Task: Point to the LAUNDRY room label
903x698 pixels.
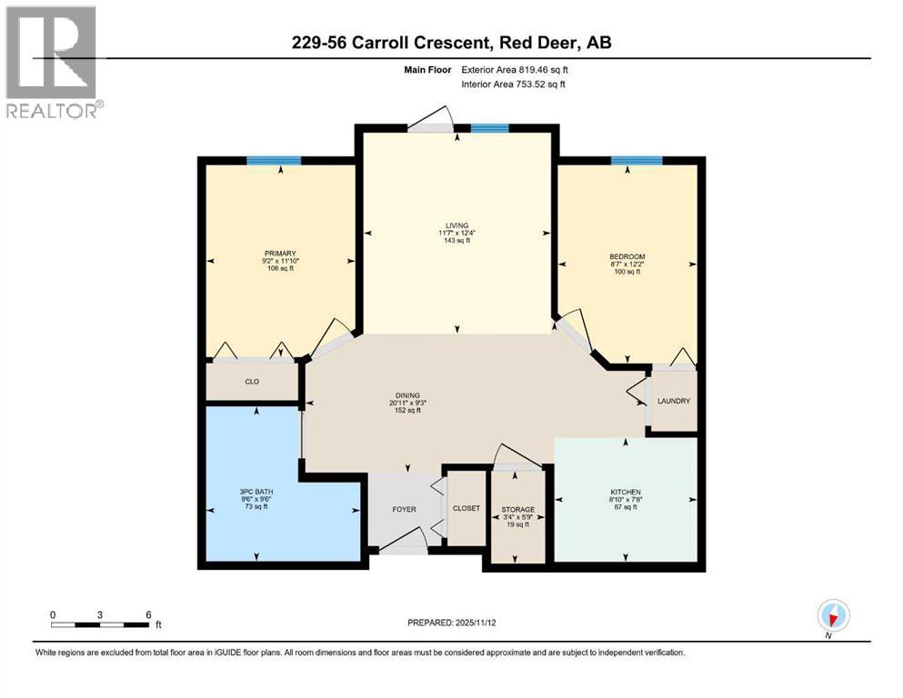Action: pyautogui.click(x=674, y=401)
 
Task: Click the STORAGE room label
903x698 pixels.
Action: pyautogui.click(x=517, y=509)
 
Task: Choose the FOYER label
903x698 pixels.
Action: pyautogui.click(x=404, y=509)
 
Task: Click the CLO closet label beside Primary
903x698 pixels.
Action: pyautogui.click(x=253, y=382)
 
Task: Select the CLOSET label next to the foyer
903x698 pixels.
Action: pyautogui.click(x=467, y=509)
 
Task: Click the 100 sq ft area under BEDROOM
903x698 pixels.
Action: pyautogui.click(x=627, y=272)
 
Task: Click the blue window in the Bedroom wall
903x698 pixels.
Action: pyautogui.click(x=637, y=161)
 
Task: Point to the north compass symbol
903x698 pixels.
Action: pyautogui.click(x=833, y=616)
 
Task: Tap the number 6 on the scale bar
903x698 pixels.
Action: pyautogui.click(x=148, y=613)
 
